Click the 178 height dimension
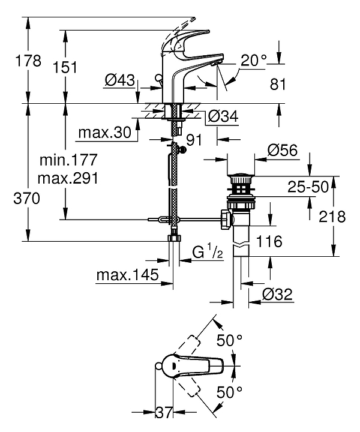coord(28,61)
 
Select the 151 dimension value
coord(65,67)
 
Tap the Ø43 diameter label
coord(120,80)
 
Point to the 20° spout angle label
coord(254,60)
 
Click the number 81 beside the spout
coord(278,84)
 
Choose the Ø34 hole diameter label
coord(223,116)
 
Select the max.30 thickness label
coord(105,133)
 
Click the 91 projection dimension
coord(194,140)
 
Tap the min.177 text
coord(68,160)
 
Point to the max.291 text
coord(68,179)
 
